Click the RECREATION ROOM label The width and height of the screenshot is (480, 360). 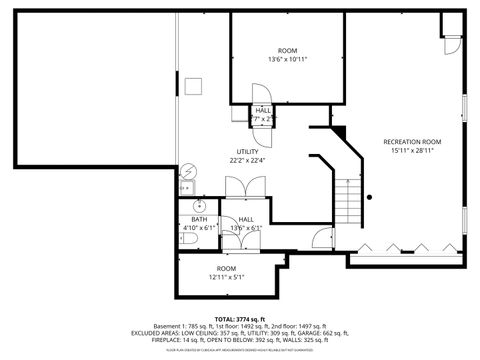pyautogui.click(x=412, y=142)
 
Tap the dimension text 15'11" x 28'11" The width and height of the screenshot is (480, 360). pyautogui.click(x=412, y=152)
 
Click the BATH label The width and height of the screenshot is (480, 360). pyautogui.click(x=199, y=219)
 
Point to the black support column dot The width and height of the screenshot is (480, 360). pyautogui.click(x=369, y=197)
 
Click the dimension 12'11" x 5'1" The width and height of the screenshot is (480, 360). pyautogui.click(x=226, y=277)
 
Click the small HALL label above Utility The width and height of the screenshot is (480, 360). pyautogui.click(x=264, y=110)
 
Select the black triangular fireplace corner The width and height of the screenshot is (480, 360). pyautogui.click(x=339, y=131)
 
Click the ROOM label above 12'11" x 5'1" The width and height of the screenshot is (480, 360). pyautogui.click(x=226, y=268)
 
